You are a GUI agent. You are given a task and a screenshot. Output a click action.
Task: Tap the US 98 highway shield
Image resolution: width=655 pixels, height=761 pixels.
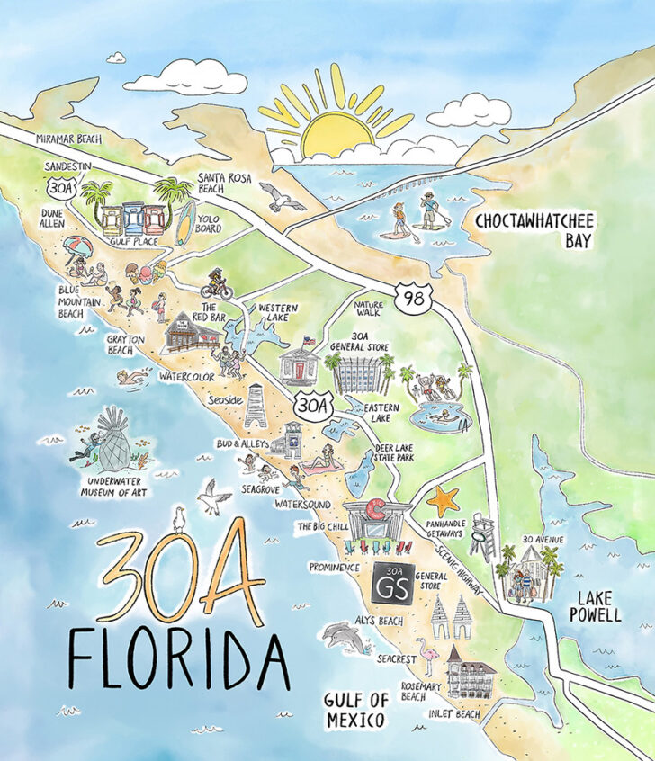point(411,296)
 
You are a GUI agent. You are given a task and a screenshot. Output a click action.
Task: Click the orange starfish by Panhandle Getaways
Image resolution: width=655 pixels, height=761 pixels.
point(443,499)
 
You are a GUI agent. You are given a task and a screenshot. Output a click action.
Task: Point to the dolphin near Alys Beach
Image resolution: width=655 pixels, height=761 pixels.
point(345,636)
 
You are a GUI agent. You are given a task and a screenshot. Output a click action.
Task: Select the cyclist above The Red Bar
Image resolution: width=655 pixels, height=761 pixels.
point(216,283)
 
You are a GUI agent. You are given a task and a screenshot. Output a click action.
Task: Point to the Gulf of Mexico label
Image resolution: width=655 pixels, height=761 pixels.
point(356,710)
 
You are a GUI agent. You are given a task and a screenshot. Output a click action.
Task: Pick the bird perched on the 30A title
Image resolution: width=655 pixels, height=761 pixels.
point(179,519)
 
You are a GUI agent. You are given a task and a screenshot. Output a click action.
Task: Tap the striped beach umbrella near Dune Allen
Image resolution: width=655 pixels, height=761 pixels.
point(77,246)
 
